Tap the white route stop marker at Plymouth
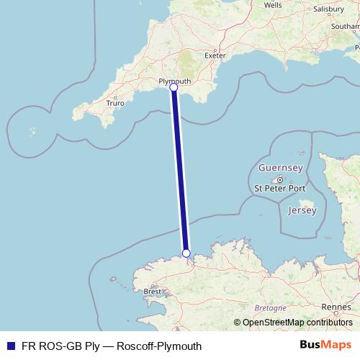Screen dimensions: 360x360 pos(174,87)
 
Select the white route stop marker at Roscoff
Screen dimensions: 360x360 pos(186,253)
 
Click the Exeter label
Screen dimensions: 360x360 pos(215,55)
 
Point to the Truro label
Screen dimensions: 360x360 pos(114,103)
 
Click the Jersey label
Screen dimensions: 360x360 pos(301,210)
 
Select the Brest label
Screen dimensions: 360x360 pos(153,292)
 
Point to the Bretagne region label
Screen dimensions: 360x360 pos(271,307)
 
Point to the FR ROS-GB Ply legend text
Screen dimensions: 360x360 pos(58,346)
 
